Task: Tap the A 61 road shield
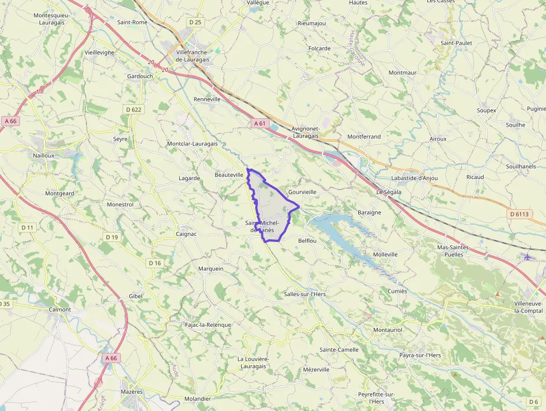click(259, 123)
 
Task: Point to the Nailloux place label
click(44, 156)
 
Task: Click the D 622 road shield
click(134, 110)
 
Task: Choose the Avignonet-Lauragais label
click(305, 132)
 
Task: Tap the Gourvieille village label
click(303, 192)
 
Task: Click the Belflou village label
click(308, 240)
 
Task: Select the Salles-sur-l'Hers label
click(305, 294)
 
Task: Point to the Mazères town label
click(132, 391)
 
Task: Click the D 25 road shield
click(195, 22)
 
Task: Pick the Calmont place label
click(60, 309)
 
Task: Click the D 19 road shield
click(112, 237)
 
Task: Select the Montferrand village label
click(364, 137)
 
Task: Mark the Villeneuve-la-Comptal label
click(528, 307)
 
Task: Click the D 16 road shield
click(155, 263)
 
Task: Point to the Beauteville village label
click(229, 175)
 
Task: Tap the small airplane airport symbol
click(528, 257)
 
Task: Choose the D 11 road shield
click(28, 228)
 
